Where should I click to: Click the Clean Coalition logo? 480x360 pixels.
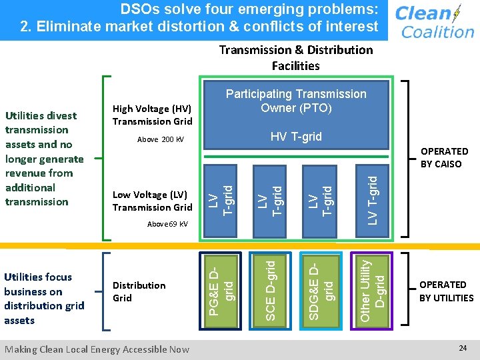434,21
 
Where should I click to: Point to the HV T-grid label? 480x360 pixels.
296,137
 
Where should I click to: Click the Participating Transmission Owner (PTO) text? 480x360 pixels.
296,101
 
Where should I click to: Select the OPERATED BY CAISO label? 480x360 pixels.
444,157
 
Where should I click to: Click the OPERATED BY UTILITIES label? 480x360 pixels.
446,291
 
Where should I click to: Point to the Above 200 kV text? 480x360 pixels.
160,140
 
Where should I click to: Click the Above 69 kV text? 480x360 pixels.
167,224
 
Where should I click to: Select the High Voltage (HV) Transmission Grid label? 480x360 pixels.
152,115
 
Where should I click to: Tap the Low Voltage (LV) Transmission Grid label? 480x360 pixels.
152,201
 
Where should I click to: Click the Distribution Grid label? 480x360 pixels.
139,291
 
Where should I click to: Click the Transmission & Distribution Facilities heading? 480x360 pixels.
296,57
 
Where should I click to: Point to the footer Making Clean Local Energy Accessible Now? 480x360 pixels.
97,349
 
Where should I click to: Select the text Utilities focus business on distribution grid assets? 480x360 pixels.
44,298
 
